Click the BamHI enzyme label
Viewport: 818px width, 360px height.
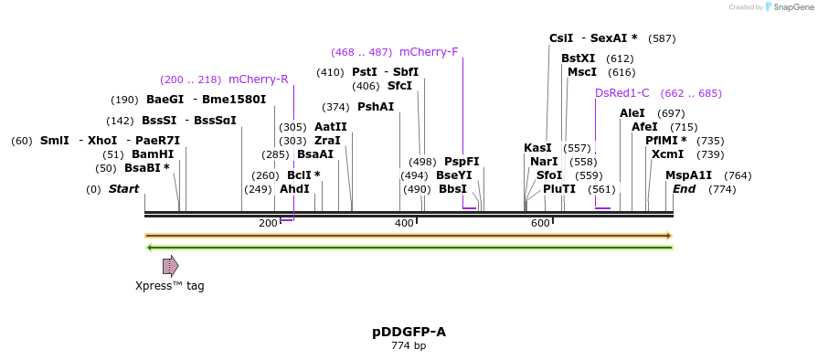point(153,154)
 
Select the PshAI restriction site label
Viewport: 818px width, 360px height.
point(376,107)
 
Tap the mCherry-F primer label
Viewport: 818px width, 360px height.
point(429,52)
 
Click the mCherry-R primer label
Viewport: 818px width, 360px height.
point(258,79)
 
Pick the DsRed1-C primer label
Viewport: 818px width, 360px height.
point(622,93)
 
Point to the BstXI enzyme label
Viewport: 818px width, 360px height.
point(578,58)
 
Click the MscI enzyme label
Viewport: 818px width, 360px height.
point(582,72)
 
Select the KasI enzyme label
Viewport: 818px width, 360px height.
point(537,148)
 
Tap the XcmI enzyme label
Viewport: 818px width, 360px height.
point(667,154)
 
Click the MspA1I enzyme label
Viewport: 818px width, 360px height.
point(688,175)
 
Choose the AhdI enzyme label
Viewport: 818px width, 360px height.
point(294,189)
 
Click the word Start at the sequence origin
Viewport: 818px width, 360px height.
point(123,189)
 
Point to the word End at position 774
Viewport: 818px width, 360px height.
point(685,189)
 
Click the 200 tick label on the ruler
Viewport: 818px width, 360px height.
point(268,224)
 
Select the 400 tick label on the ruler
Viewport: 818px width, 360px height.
point(404,224)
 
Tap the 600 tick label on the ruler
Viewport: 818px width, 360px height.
point(540,224)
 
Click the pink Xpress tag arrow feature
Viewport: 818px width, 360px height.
point(170,266)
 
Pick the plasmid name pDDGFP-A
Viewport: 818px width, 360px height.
point(409,332)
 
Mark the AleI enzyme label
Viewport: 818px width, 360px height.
point(632,113)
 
